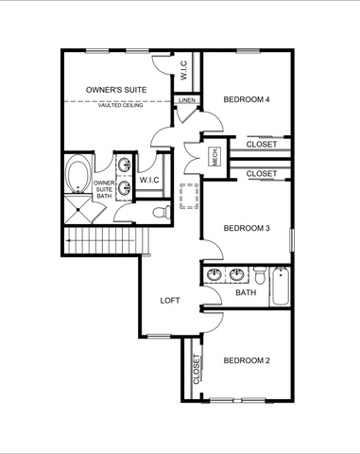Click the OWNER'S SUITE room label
[116, 90]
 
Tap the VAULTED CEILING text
[120, 105]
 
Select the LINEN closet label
[187, 100]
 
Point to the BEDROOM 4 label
[247, 99]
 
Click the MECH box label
[215, 157]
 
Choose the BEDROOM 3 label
[247, 228]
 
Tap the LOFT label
[170, 301]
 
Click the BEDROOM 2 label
[247, 360]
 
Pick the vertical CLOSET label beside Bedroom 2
[197, 370]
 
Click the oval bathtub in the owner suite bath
[77, 174]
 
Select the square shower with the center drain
[79, 210]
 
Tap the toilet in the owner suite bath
[162, 212]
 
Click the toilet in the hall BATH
[260, 275]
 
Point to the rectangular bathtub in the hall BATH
[281, 286]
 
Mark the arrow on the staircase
[100, 241]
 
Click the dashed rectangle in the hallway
[189, 196]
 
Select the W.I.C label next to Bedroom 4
[184, 70]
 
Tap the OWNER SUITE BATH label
[104, 189]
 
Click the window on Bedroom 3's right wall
[292, 240]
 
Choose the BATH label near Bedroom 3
[246, 292]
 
